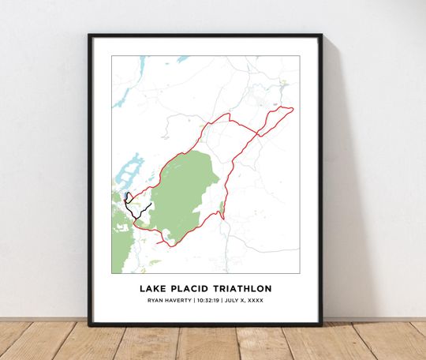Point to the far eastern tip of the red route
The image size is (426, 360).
click(x=293, y=109)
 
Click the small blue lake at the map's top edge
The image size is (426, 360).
click(x=182, y=59)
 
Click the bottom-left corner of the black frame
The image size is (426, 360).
click(x=90, y=324)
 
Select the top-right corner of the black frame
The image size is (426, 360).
click(x=320, y=36)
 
